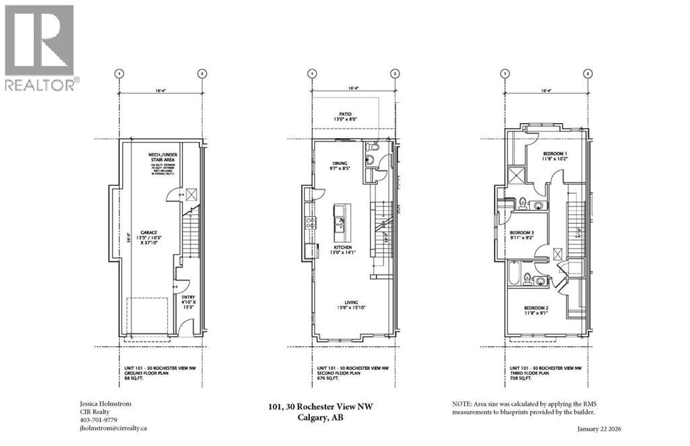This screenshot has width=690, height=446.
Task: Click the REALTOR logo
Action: tap(40, 47)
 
